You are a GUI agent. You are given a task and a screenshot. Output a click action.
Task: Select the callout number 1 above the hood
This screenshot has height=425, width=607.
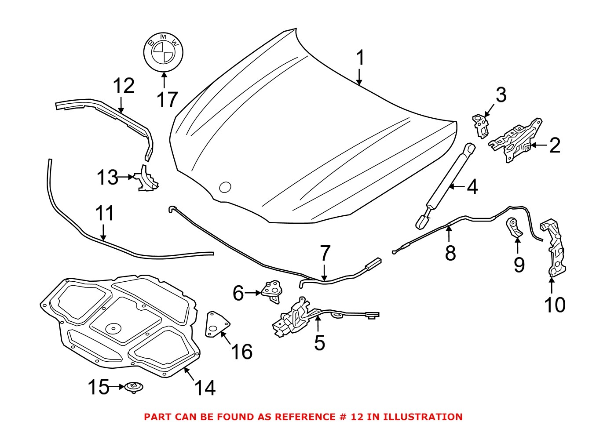(360, 58)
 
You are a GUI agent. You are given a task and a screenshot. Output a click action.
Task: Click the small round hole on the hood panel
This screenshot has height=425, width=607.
(225, 187)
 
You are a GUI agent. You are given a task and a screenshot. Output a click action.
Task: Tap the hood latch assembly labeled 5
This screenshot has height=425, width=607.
(295, 317)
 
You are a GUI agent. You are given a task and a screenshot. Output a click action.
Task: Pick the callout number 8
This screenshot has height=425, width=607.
(450, 254)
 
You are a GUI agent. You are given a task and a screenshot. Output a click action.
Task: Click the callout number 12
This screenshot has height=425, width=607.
(124, 86)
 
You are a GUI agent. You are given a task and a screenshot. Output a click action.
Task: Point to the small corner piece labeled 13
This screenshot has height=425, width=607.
(146, 179)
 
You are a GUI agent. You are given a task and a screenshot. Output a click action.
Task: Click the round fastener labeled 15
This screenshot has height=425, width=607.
(134, 387)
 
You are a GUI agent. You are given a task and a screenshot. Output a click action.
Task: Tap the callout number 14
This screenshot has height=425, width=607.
(205, 388)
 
